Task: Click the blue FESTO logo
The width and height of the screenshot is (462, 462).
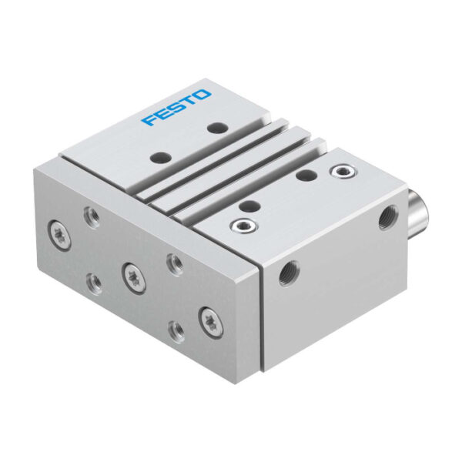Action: [176, 107]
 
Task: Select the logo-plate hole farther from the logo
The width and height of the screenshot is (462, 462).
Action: [161, 157]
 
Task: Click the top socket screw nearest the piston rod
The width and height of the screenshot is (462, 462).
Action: [342, 170]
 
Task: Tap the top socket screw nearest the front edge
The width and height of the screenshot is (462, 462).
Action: [244, 226]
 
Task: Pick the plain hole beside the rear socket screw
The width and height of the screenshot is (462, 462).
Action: [306, 176]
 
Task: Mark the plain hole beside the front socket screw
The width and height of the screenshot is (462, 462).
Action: [249, 205]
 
